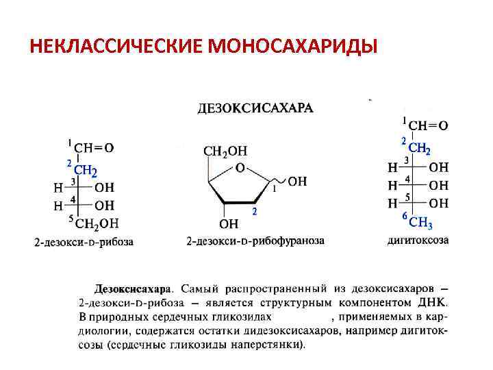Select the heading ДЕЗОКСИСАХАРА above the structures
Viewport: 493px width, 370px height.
coord(255,108)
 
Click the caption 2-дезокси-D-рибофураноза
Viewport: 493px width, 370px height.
coord(255,241)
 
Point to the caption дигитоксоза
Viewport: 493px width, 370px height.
coord(418,240)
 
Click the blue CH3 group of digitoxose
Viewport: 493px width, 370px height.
coord(420,222)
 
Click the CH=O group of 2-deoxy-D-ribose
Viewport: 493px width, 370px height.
coord(94,146)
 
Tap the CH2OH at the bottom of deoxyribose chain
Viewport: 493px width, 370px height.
coord(97,223)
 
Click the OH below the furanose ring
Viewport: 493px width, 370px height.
coord(229,223)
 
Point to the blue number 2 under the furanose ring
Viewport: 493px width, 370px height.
coord(254,212)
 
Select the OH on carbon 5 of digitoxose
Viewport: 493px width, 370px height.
coord(439,203)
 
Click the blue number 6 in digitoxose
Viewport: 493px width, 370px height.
coord(404,217)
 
